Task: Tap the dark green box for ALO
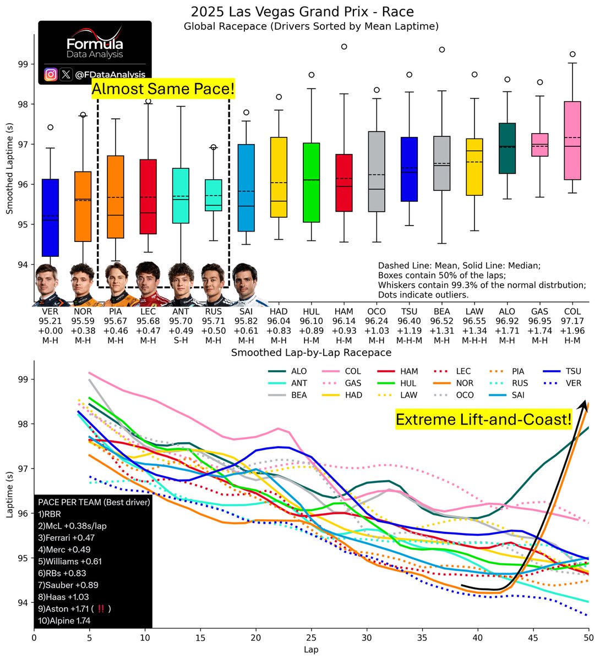[507, 148]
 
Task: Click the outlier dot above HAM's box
[344, 47]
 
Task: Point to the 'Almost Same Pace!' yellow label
[163, 89]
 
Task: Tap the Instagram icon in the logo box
[51, 75]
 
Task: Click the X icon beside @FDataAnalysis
[66, 75]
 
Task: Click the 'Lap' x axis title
[312, 649]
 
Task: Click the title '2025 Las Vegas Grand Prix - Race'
[302, 12]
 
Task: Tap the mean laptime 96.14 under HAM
[344, 321]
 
